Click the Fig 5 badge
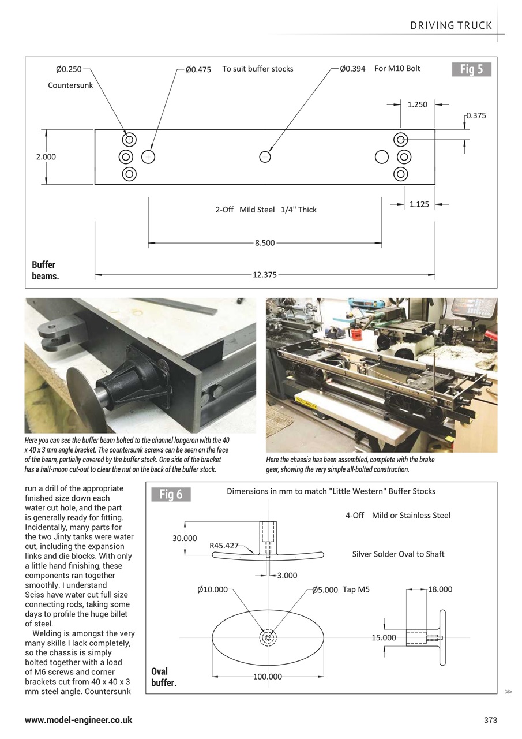pyautogui.click(x=471, y=70)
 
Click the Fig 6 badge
pyautogui.click(x=171, y=495)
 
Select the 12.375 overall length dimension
pyautogui.click(x=264, y=275)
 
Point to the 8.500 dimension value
pyautogui.click(x=265, y=243)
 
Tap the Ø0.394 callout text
pyautogui.click(x=352, y=69)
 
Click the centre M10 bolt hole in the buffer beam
pyautogui.click(x=265, y=156)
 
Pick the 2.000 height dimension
pyautogui.click(x=46, y=156)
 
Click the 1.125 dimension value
pyautogui.click(x=419, y=204)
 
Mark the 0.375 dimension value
pyautogui.click(x=476, y=115)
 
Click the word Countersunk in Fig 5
pyautogui.click(x=70, y=85)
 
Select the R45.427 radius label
pyautogui.click(x=224, y=546)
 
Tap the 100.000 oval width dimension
pyautogui.click(x=268, y=677)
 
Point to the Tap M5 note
pyautogui.click(x=356, y=589)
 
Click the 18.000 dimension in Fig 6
pyautogui.click(x=440, y=589)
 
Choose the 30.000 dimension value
pyautogui.click(x=185, y=538)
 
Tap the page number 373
pyautogui.click(x=490, y=720)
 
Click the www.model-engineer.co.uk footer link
pyautogui.click(x=78, y=720)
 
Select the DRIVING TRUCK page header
pyautogui.click(x=451, y=25)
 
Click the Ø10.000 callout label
pyautogui.click(x=212, y=589)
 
